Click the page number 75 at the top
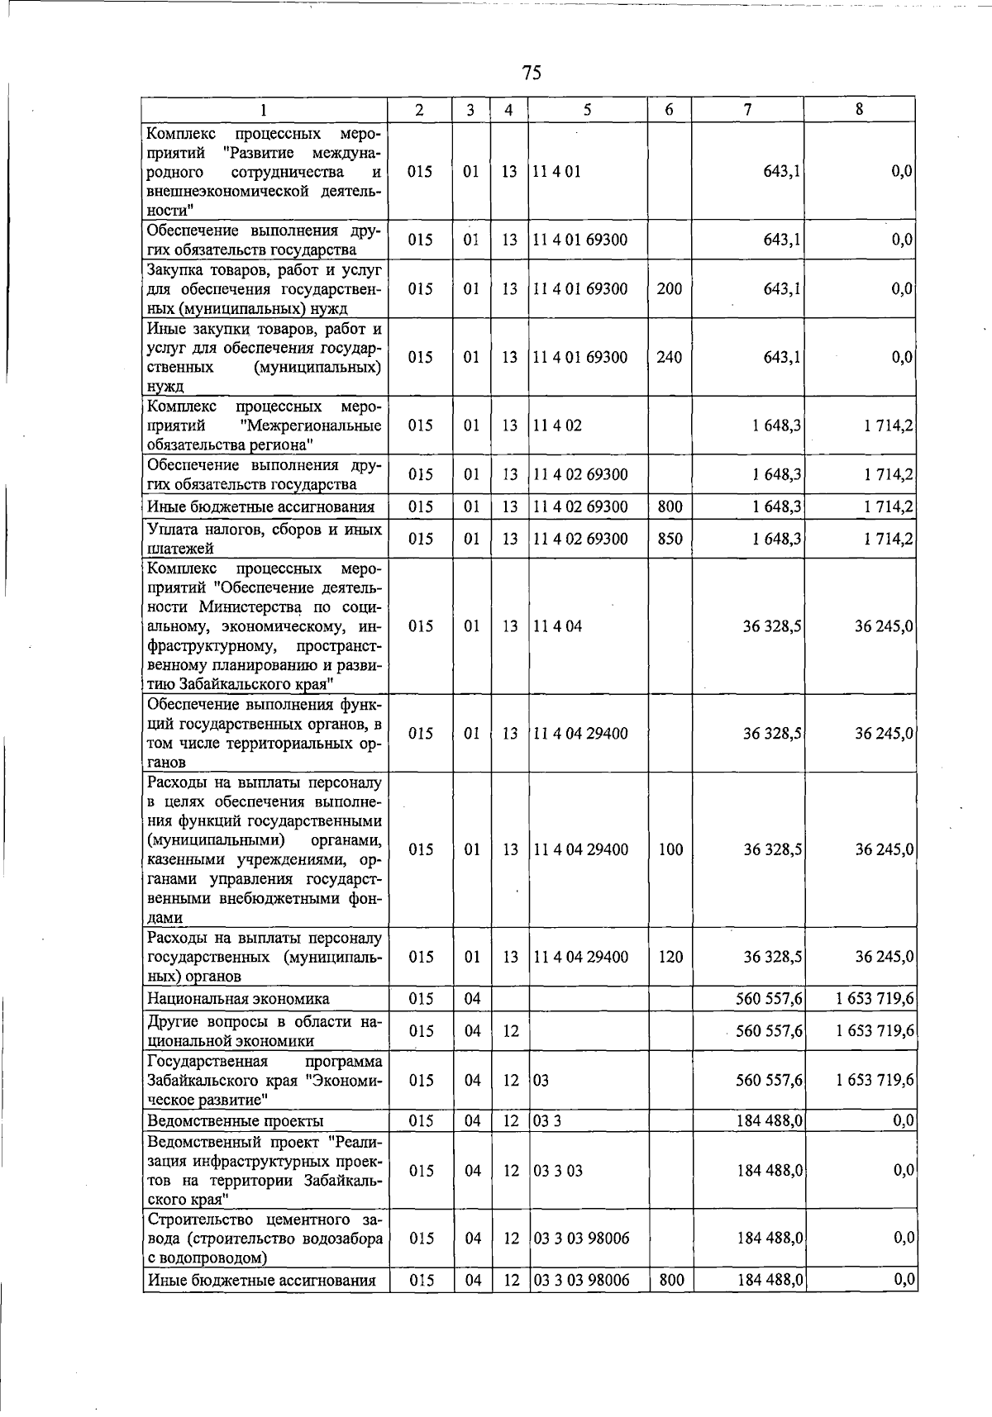point(532,73)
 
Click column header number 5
point(586,110)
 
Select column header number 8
point(860,109)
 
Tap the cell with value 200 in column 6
point(669,289)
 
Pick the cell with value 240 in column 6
point(669,358)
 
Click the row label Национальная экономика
point(238,999)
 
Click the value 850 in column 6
point(670,540)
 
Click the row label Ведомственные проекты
point(235,1121)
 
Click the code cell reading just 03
point(541,1080)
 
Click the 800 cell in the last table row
point(671,1281)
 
